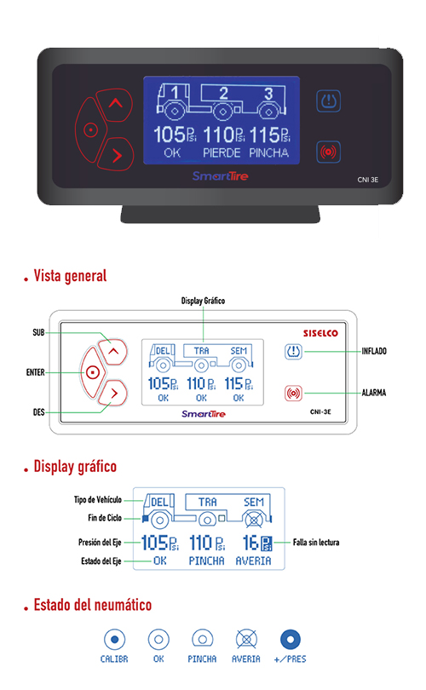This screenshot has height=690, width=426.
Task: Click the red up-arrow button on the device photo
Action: click(115, 104)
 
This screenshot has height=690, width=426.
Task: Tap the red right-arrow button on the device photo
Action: click(116, 154)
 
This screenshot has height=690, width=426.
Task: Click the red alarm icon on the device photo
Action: click(328, 152)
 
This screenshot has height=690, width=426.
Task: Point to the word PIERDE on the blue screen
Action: click(222, 153)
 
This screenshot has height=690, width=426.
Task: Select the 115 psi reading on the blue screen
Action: click(270, 135)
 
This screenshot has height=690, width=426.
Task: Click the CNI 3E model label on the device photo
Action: click(368, 180)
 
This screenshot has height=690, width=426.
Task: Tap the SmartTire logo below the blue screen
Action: click(220, 176)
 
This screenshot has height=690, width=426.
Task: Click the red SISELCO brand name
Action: click(320, 333)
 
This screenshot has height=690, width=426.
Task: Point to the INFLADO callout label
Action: click(374, 351)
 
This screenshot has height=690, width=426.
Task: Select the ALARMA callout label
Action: click(374, 393)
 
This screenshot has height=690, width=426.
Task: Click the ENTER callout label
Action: click(35, 372)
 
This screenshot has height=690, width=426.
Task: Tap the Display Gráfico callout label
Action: click(203, 301)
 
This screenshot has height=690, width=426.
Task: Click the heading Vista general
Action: click(70, 276)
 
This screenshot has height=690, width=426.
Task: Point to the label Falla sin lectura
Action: click(316, 542)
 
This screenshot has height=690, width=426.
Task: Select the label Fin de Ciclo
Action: click(105, 518)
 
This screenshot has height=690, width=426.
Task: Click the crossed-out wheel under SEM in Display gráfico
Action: click(254, 520)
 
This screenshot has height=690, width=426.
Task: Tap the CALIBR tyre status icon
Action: click(114, 640)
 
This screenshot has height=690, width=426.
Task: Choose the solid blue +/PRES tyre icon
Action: click(291, 640)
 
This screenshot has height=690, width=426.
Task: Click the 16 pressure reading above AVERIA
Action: click(250, 543)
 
